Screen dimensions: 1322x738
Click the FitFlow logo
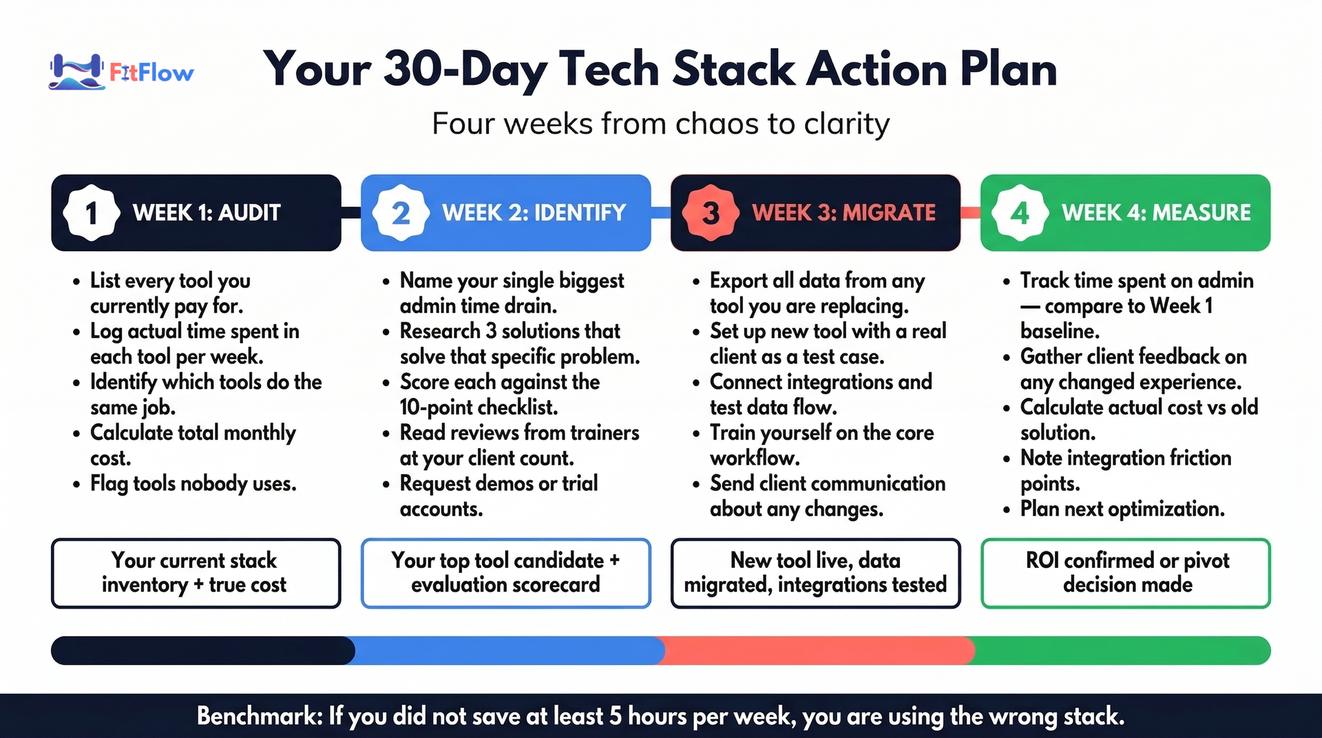point(121,72)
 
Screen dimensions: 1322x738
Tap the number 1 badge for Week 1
point(91,213)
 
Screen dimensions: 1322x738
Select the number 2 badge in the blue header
point(401,213)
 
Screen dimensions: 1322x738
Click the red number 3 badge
point(711,213)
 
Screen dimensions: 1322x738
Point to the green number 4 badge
point(1020,213)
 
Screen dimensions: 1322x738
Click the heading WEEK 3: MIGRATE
point(843,213)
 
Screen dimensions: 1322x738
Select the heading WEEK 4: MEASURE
point(1156,213)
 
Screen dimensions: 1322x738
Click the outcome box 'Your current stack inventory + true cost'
point(196,573)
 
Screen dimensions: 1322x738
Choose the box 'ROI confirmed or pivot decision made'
point(1126,573)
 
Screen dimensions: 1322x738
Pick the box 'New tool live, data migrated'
point(816,573)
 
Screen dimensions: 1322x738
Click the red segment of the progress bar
point(816,651)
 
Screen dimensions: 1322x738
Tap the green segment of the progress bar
point(1122,651)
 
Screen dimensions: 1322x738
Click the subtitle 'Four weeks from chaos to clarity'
point(661,124)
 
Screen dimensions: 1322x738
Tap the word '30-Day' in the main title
point(465,69)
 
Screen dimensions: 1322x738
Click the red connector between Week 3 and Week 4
point(971,213)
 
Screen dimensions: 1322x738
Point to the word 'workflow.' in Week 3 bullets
point(755,458)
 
